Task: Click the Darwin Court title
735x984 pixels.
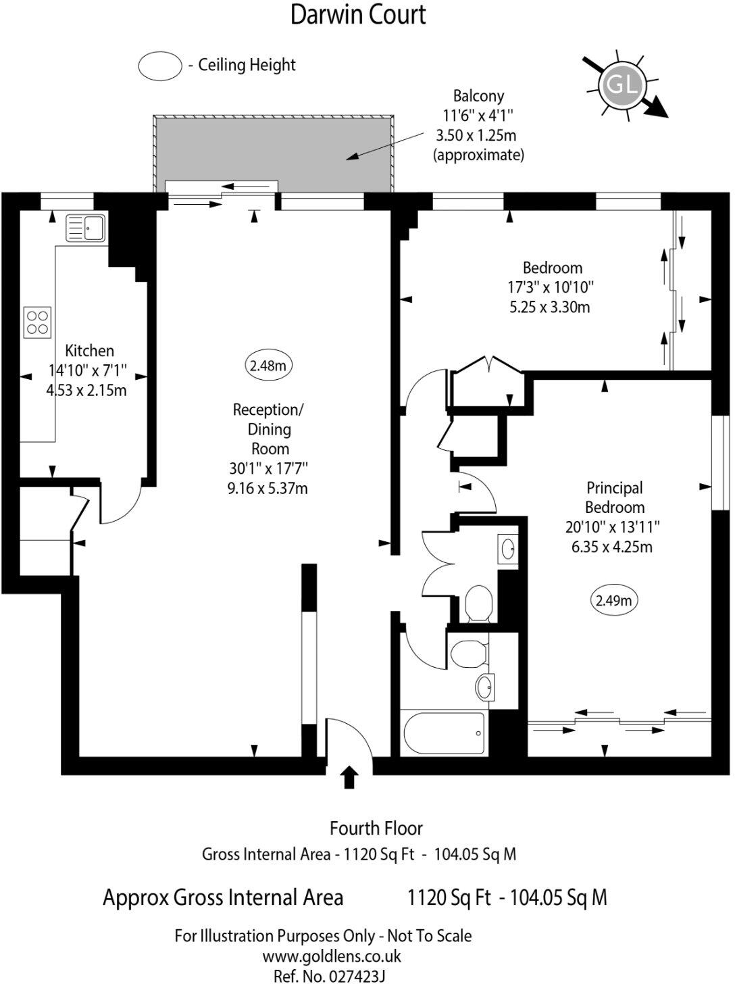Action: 358,14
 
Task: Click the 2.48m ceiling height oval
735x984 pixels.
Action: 268,366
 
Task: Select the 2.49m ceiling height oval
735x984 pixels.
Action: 615,600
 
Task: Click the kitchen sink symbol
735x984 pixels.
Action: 85,228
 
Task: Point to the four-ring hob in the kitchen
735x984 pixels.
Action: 37,322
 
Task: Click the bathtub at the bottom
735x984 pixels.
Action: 443,734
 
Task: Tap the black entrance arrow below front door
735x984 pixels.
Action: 349,777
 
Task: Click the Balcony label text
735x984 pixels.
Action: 478,96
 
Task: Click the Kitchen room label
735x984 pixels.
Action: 89,351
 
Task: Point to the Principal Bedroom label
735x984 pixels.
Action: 614,497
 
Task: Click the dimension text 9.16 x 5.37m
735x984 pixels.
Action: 268,488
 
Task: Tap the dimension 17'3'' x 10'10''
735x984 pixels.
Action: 551,287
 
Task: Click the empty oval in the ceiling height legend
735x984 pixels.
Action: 160,66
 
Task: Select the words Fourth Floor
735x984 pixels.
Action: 376,828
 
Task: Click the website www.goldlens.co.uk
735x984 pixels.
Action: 332,956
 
